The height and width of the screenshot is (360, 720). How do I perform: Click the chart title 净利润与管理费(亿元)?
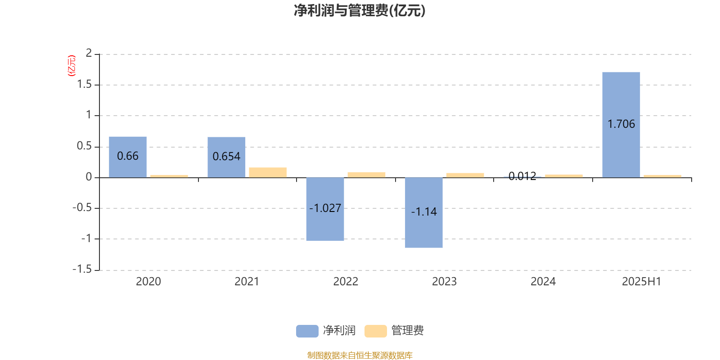pyautogui.click(x=360, y=11)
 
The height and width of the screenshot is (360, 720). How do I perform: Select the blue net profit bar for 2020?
pyautogui.click(x=128, y=157)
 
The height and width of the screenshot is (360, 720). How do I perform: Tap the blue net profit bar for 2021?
pyautogui.click(x=226, y=157)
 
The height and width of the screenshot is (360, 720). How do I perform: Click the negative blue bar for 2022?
pyautogui.click(x=325, y=209)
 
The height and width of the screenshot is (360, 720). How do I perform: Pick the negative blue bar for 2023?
pyautogui.click(x=423, y=212)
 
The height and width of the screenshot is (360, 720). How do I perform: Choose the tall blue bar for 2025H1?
pyautogui.click(x=621, y=125)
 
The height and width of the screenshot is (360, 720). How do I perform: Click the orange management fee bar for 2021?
pyautogui.click(x=268, y=172)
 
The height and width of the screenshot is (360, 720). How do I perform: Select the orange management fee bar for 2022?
pyautogui.click(x=366, y=175)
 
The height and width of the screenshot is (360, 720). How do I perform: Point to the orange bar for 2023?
pyautogui.click(x=465, y=175)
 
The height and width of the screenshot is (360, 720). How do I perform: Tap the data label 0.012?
pyautogui.click(x=522, y=176)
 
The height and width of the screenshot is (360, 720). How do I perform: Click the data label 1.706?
pyautogui.click(x=621, y=124)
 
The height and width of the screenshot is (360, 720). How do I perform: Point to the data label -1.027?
pyautogui.click(x=325, y=208)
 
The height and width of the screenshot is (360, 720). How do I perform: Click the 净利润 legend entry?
pyautogui.click(x=326, y=330)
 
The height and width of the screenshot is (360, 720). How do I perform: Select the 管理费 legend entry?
pyautogui.click(x=394, y=330)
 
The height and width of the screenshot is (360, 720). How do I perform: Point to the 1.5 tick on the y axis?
pyautogui.click(x=84, y=84)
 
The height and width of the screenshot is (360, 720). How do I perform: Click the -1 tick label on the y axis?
pyautogui.click(x=86, y=238)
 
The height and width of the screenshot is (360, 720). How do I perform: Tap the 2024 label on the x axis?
pyautogui.click(x=543, y=281)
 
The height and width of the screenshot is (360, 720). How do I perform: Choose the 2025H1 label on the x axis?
pyautogui.click(x=642, y=281)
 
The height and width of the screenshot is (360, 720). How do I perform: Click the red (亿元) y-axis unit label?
pyautogui.click(x=72, y=66)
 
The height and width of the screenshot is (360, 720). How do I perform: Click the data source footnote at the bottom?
pyautogui.click(x=360, y=355)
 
